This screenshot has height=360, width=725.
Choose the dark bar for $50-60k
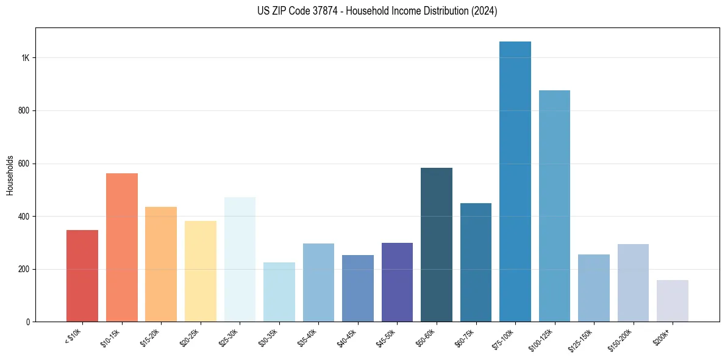(x=437, y=245)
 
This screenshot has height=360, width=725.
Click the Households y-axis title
(x=10, y=175)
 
